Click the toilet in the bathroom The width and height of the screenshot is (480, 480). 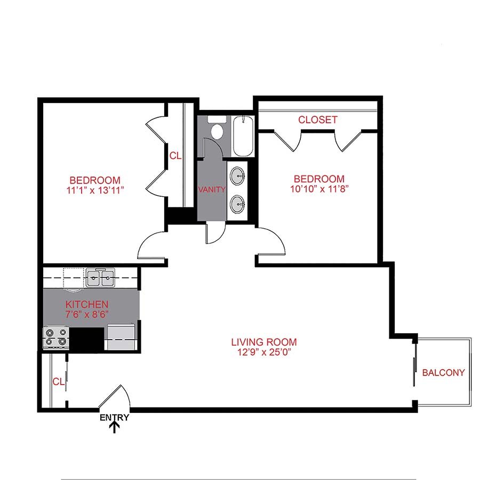coord(217,130)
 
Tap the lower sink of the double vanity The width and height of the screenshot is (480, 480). coord(238,203)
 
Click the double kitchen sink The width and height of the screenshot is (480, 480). coord(100,277)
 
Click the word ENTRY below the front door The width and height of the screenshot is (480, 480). coord(114,418)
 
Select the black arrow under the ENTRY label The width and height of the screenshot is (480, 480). coord(114,428)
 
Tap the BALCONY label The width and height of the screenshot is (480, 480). coord(443,373)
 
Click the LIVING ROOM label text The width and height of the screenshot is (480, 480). coord(263,342)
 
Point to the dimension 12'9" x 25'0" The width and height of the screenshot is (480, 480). coord(263,352)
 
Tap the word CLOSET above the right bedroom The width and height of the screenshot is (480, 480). coord(317,120)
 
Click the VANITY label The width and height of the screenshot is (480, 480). coord(212,189)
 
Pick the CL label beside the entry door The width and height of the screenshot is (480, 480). coord(59,381)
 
